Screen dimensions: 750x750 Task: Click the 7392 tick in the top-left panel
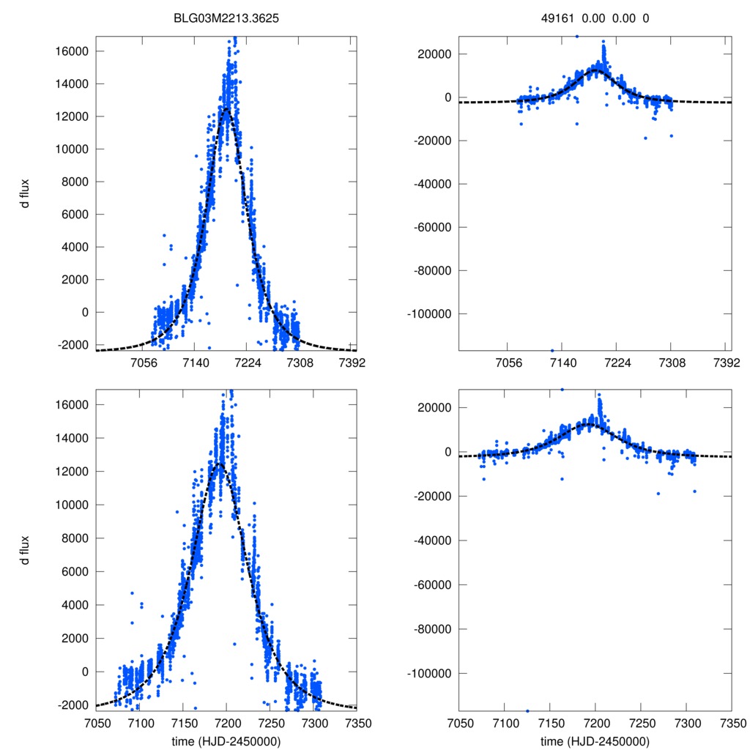pos(352,363)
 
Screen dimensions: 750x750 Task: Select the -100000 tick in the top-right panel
pos(431,313)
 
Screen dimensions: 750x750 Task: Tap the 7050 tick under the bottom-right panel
pos(459,722)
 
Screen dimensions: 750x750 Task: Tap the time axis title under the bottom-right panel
pos(595,740)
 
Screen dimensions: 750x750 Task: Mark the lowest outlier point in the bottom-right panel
pos(527,710)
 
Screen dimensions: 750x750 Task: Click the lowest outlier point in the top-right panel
pos(552,350)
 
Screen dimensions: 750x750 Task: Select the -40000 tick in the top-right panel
pos(434,184)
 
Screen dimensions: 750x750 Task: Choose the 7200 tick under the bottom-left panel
pos(226,722)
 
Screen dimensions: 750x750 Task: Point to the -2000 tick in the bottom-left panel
pos(73,705)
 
